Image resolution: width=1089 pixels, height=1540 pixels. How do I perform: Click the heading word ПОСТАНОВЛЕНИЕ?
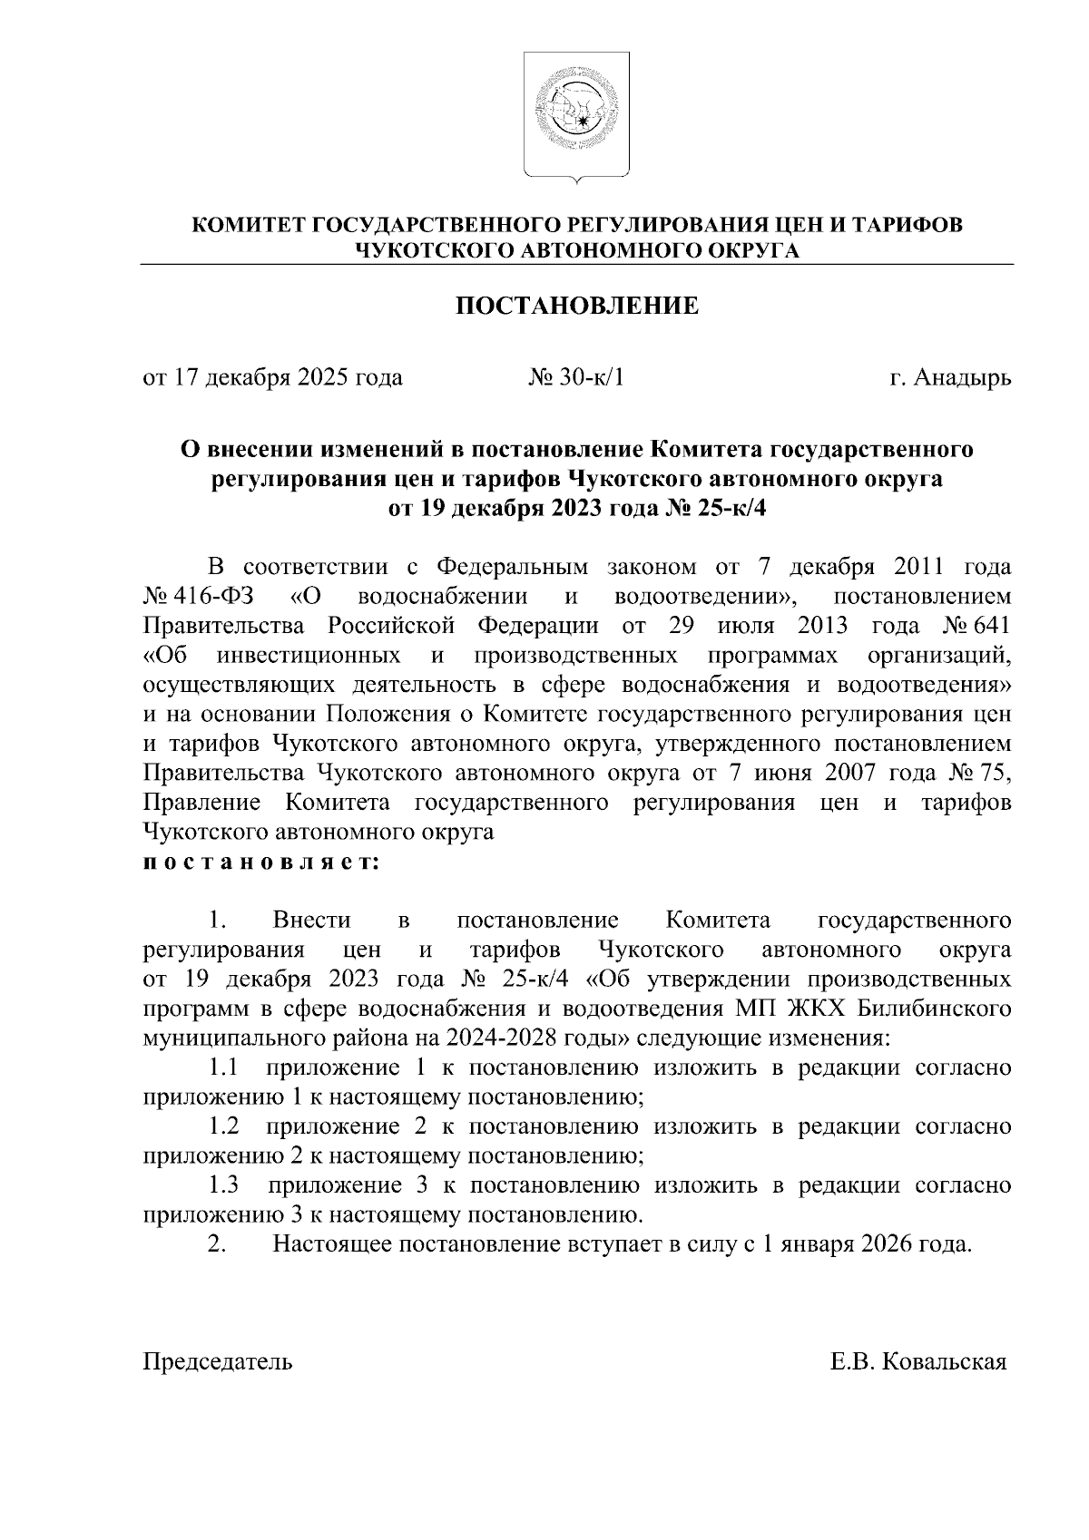click(576, 306)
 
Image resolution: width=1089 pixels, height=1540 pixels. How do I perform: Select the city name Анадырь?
click(962, 377)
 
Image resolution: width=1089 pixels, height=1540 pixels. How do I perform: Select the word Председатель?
click(218, 1361)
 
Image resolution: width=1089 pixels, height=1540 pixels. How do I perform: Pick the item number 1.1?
click(223, 1067)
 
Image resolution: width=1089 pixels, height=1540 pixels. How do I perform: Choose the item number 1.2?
click(223, 1126)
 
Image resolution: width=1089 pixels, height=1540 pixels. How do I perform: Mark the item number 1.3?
click(223, 1184)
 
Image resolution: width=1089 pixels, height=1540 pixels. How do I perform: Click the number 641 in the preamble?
click(992, 626)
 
